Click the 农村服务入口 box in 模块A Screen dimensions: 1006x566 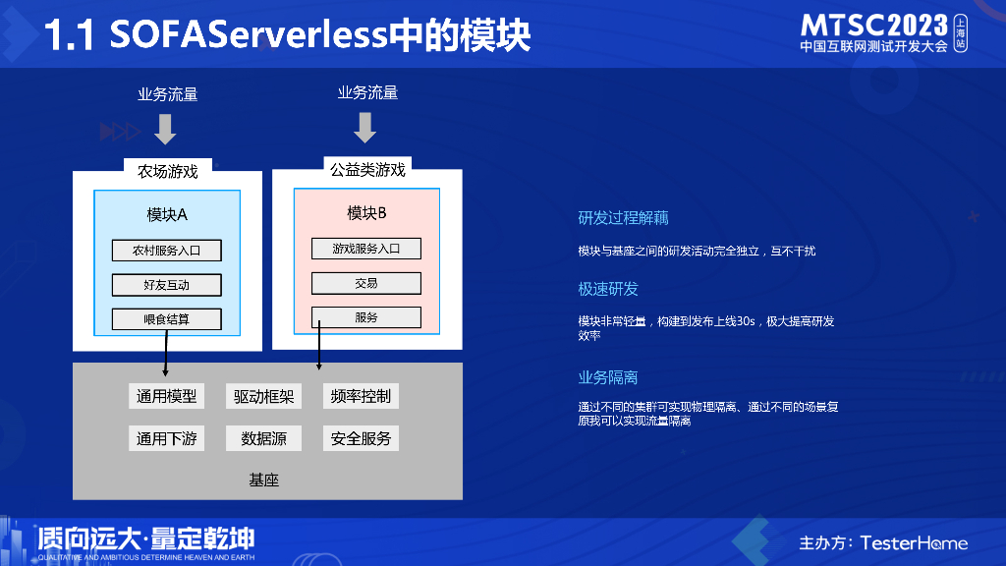tap(166, 250)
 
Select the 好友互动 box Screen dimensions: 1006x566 tap(166, 285)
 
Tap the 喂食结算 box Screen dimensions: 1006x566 tap(166, 318)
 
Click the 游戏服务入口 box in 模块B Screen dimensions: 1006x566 tap(365, 249)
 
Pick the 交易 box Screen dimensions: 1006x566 tap(365, 283)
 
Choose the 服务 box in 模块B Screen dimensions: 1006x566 tap(365, 317)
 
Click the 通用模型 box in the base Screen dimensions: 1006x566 tap(166, 396)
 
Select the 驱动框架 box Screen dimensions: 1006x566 tap(263, 396)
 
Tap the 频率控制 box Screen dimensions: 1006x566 tap(361, 396)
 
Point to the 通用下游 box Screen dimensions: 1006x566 tap(166, 438)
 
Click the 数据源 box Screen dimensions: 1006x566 tap(263, 438)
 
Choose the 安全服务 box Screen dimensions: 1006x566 tap(361, 438)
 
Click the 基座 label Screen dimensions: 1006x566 tap(264, 480)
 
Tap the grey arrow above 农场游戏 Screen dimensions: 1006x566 tap(165, 128)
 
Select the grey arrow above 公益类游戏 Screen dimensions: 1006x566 tap(365, 127)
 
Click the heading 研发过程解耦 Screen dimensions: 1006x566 tap(623, 218)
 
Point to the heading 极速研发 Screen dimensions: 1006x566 tap(608, 289)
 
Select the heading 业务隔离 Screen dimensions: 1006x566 tap(608, 377)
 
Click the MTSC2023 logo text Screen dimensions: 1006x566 tap(874, 26)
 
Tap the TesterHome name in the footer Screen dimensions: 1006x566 tap(914, 543)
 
